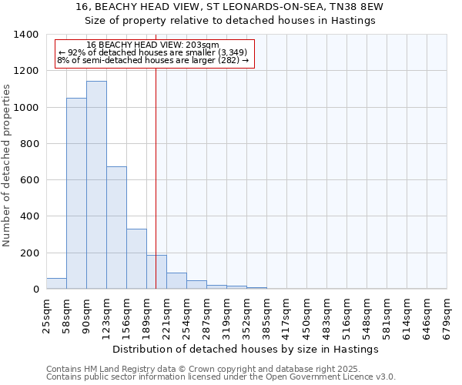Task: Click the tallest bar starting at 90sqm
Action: (96, 185)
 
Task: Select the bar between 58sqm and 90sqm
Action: (76, 193)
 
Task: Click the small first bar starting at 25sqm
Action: (56, 283)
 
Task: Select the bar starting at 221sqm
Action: (176, 281)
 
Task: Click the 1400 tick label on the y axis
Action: (26, 35)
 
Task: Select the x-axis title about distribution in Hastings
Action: (245, 349)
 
